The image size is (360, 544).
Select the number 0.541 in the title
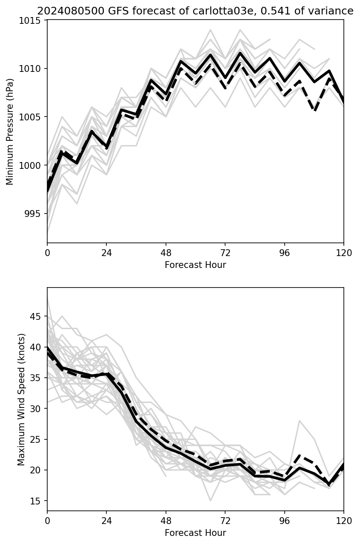275,11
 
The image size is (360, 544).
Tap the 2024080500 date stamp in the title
71,11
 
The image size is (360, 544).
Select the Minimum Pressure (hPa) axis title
10,131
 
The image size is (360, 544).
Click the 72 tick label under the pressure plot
225,253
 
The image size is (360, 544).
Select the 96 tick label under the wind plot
284,521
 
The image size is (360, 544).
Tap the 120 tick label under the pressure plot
344,253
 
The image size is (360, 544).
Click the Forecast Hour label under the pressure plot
195,265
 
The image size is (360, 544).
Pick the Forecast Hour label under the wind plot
195,533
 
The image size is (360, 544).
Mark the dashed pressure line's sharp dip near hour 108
315,111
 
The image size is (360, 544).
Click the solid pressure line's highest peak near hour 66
210,54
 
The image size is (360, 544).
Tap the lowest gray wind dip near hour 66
210,501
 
